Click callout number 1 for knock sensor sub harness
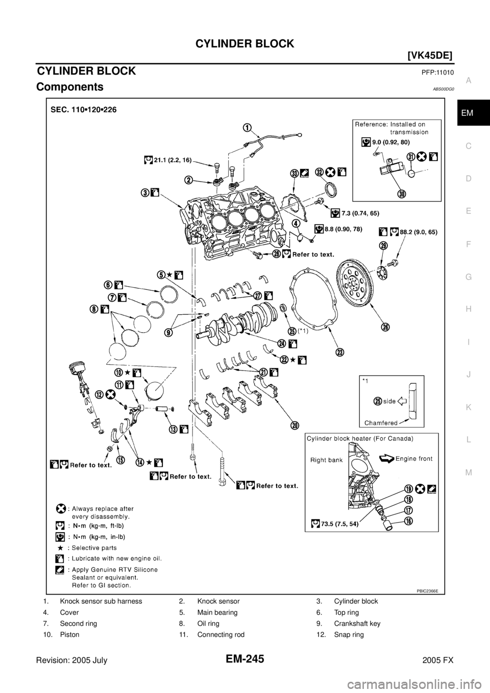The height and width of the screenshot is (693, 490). [247, 128]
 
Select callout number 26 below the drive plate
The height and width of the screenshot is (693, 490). [385, 327]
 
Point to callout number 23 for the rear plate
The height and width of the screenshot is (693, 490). [340, 352]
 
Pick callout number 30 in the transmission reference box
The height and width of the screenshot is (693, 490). [402, 194]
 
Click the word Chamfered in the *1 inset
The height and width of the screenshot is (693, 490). [381, 423]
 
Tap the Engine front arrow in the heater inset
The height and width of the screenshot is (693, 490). [386, 458]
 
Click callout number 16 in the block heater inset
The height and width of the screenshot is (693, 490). [409, 521]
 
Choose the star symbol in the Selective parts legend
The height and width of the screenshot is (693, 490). [60, 548]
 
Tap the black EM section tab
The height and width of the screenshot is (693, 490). [474, 113]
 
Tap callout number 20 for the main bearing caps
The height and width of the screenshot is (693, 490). [295, 426]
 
